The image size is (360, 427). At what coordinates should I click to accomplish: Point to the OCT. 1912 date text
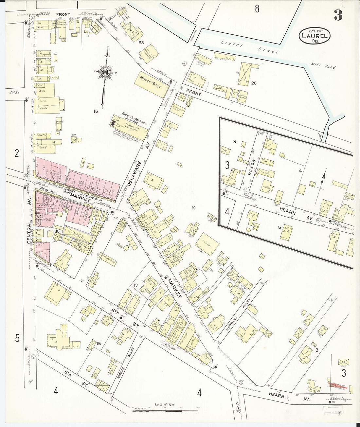click(314, 30)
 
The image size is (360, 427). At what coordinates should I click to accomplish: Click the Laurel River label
click(249, 47)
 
